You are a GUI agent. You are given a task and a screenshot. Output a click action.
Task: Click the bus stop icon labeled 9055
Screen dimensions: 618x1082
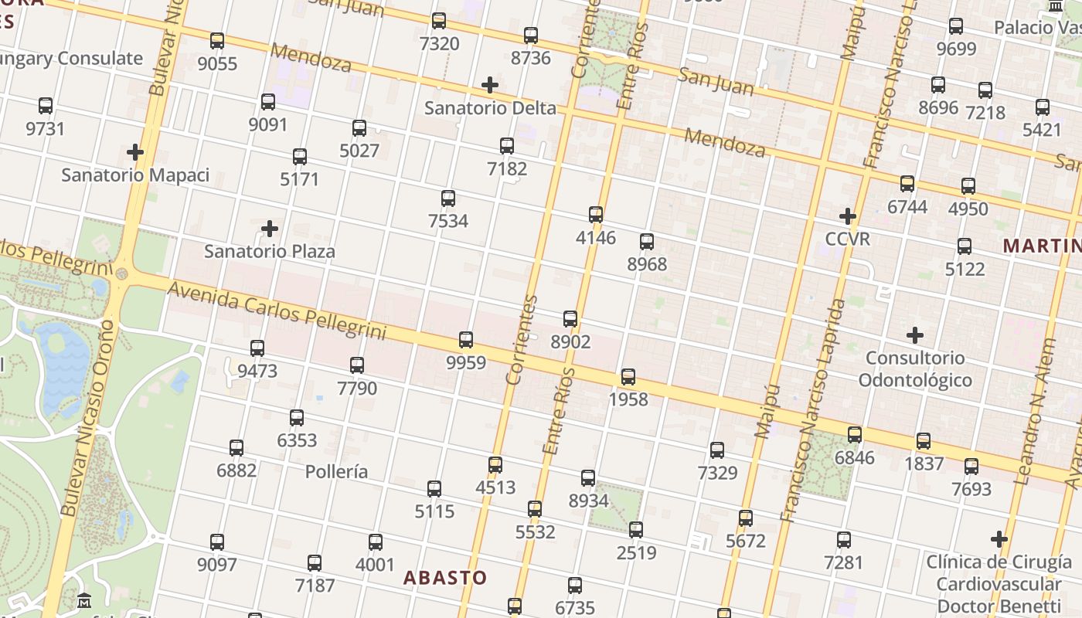click(x=217, y=40)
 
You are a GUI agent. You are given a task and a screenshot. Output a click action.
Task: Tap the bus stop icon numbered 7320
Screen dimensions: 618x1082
click(x=439, y=21)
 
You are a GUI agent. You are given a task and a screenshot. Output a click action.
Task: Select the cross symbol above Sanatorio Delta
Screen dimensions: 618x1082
click(x=490, y=85)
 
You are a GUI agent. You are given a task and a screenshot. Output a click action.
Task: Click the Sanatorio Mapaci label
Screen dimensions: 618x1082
click(x=135, y=175)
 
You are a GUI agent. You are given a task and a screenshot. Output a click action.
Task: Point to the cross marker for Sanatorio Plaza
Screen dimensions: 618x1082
click(x=270, y=229)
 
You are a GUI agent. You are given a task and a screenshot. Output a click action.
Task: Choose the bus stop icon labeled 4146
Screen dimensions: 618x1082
click(x=596, y=214)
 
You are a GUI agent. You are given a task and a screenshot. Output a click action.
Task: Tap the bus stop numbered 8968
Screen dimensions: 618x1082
click(x=647, y=241)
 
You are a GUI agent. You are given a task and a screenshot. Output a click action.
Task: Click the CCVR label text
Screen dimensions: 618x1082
click(x=848, y=239)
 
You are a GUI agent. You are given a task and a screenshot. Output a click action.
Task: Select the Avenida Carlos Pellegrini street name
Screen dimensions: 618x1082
click(x=276, y=311)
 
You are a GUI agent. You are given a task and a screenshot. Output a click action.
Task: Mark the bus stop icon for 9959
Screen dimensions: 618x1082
click(x=466, y=339)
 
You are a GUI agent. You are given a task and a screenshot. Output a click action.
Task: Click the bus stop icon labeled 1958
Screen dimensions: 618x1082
click(x=628, y=376)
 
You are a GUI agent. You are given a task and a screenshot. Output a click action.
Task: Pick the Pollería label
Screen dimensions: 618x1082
click(x=336, y=471)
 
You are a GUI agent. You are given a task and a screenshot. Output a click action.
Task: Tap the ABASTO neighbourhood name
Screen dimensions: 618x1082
click(x=445, y=578)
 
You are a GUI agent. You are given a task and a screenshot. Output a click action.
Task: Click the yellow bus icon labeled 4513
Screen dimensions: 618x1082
click(x=495, y=464)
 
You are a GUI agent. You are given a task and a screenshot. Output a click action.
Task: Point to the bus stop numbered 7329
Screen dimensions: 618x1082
click(x=717, y=450)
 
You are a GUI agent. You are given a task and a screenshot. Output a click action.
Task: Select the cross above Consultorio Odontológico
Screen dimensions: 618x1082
click(x=915, y=335)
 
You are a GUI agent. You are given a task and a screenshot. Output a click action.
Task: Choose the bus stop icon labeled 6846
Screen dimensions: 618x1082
click(x=855, y=434)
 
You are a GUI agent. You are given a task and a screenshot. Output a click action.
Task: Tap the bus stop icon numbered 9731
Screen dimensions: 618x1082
click(x=46, y=106)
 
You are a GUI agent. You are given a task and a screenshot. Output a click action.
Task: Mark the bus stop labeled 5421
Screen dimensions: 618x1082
click(x=1043, y=107)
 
